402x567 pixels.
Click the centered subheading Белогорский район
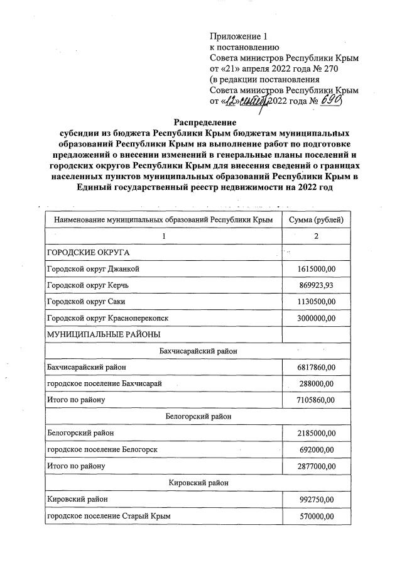pos(198,416)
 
